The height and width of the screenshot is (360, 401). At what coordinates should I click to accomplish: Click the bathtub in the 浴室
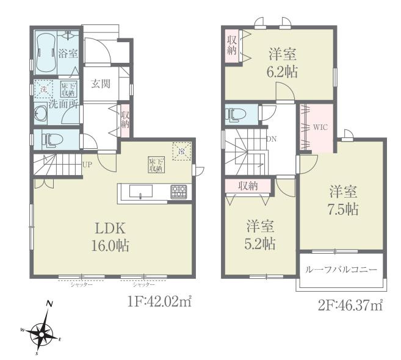(46, 52)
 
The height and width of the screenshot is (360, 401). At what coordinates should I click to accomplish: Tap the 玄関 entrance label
(101, 84)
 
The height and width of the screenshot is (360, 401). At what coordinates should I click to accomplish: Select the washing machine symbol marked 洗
(43, 90)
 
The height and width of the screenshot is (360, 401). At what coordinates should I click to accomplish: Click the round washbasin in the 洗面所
(42, 114)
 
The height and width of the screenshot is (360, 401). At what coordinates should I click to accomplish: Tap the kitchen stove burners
(178, 191)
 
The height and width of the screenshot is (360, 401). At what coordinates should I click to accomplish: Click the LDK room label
(110, 229)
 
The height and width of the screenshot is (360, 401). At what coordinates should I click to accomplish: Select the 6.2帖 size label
(283, 71)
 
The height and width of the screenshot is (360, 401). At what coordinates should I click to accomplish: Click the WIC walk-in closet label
(321, 128)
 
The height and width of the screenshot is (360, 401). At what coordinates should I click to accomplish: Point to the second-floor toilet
(235, 114)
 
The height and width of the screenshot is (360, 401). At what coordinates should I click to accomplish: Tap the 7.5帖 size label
(341, 209)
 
